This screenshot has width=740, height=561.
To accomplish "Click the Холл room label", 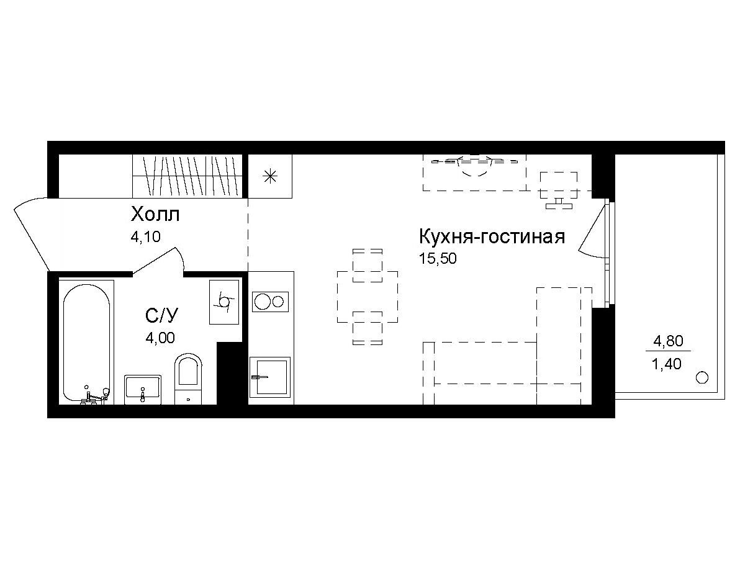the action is point(155,215).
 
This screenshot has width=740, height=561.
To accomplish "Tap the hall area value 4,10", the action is point(145,237).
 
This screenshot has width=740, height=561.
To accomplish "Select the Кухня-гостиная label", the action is point(492,236).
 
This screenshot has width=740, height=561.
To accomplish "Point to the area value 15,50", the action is point(438,258).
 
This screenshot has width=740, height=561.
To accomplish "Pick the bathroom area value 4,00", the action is point(160,338).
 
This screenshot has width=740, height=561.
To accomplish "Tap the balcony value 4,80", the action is point(668,341).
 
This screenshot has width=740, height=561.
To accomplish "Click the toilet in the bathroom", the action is point(188,379).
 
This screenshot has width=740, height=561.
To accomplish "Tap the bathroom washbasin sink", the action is point(143,390).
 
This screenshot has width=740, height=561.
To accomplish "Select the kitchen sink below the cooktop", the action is point(269,377).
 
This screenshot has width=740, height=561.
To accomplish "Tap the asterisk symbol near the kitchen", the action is point(270,177).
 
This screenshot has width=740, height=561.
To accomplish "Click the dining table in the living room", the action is point(367,297).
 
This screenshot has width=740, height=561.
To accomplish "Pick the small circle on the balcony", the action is point(702,377).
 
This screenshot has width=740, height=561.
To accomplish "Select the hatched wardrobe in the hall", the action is point(187,176).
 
